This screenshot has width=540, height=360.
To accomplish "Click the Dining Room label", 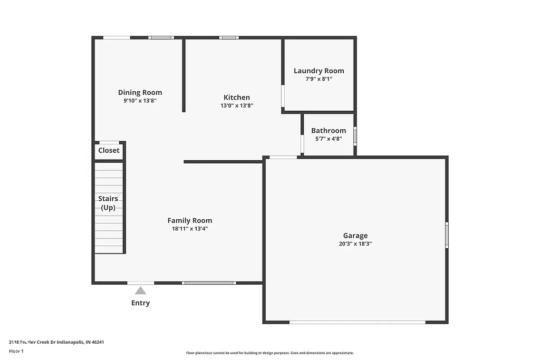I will pos(140,92).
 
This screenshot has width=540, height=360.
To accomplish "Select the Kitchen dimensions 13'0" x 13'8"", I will pos(237,105).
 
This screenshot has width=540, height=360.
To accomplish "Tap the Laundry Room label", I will pos(319,71).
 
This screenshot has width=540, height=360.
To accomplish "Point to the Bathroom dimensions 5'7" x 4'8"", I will pos(329,139).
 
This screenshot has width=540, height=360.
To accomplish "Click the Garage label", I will pos(355,236).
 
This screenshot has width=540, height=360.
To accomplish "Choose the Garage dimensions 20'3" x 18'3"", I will pos(355,244).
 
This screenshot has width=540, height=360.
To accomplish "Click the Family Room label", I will pos(190,220).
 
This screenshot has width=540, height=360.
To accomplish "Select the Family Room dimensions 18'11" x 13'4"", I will pos(190,229).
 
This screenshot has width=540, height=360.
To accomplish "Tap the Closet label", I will pos(109,150).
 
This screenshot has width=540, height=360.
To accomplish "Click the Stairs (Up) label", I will pos(108,203).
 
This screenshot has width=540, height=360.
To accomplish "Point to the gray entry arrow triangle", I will pos(140,290).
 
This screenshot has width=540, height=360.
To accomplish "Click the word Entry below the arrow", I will pos(140,303).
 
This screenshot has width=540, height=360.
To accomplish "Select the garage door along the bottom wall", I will pos(357,322).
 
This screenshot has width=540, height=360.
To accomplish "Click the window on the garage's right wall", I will pos(447,235).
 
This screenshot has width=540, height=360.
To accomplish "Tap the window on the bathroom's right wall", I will pos(355,136).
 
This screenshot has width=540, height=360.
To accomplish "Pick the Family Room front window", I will pos(209,283).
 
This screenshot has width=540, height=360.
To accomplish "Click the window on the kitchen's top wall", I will pos(228,37).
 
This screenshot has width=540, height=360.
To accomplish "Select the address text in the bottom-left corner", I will pos(56,342).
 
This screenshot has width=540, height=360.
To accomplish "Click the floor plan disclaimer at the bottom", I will pos(269,353).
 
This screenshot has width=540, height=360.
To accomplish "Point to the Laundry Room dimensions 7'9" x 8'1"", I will pos(319,79).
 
